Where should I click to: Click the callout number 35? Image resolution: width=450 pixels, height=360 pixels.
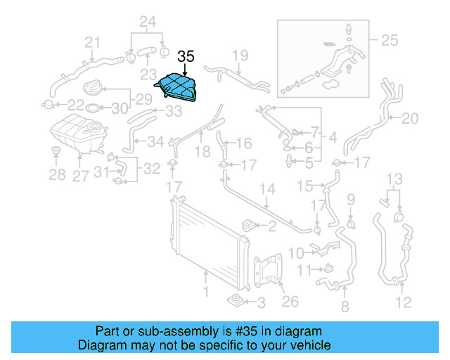186,57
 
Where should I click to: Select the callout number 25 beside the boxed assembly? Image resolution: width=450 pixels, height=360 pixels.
388,41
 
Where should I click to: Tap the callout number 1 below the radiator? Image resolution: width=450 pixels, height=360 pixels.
206,290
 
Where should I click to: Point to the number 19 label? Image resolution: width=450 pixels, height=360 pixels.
240,55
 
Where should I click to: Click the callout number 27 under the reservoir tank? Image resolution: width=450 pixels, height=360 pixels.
82,176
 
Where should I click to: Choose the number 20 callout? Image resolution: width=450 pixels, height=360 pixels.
409,119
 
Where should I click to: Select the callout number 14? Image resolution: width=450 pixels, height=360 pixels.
267,189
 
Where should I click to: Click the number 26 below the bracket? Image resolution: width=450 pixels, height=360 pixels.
290,302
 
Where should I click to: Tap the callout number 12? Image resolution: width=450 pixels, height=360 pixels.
402,303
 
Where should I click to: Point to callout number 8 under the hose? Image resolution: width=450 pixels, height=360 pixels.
345,307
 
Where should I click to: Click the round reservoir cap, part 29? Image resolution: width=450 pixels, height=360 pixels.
93,89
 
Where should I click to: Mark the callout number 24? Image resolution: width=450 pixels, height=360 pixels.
147,21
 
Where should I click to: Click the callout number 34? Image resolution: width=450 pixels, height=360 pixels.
155,142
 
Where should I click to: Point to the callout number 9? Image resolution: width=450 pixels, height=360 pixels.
351,200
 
